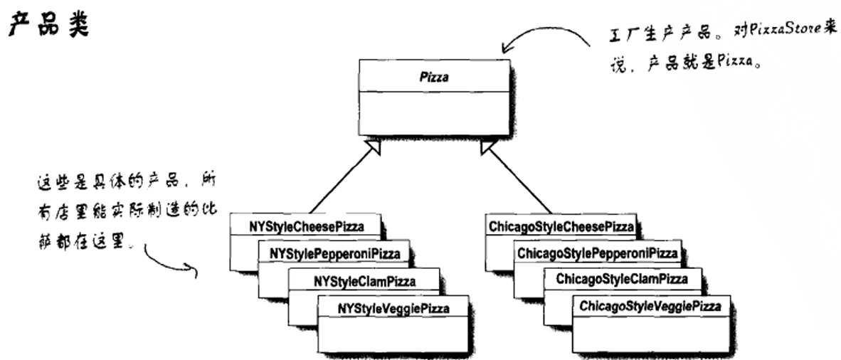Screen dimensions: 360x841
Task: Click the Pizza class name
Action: click(x=434, y=77)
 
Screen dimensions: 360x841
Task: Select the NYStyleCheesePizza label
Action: click(x=307, y=227)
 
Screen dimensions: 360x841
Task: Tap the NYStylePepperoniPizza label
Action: click(x=334, y=253)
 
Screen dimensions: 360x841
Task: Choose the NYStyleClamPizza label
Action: click(x=364, y=280)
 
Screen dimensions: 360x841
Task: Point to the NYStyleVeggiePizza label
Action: click(x=393, y=308)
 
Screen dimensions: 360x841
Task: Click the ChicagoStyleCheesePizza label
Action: click(x=561, y=227)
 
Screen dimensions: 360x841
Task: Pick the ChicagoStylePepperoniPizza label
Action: click(x=597, y=253)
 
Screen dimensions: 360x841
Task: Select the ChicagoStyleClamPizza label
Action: click(x=622, y=279)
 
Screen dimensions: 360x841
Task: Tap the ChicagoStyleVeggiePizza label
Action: click(x=650, y=307)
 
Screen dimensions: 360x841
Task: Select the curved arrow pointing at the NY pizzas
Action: click(x=171, y=261)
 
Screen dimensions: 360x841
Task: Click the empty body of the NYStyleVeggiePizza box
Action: click(x=393, y=334)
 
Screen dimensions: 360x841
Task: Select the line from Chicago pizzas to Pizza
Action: click(x=523, y=181)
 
